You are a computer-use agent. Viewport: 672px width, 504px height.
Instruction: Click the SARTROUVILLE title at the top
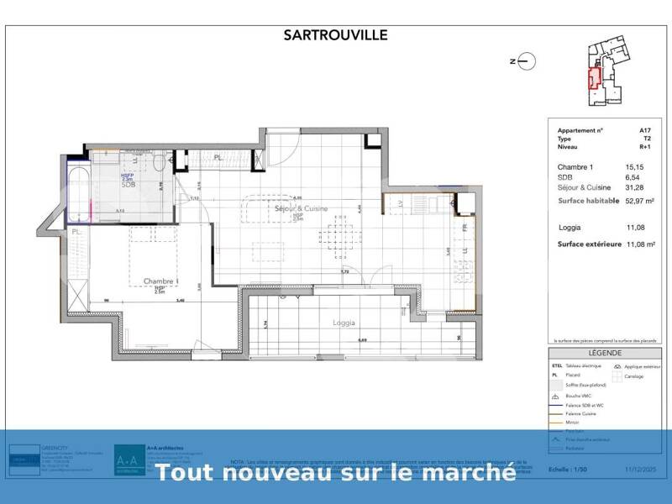336,35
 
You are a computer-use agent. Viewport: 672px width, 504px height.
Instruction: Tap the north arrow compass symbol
524,60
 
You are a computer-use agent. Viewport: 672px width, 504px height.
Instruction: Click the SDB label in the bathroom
128,185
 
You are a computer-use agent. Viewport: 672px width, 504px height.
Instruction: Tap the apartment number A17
644,131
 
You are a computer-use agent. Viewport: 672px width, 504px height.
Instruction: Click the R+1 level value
643,146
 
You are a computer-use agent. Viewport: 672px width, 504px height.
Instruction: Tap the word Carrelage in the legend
633,376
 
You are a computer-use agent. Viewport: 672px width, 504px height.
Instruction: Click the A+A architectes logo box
129,460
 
